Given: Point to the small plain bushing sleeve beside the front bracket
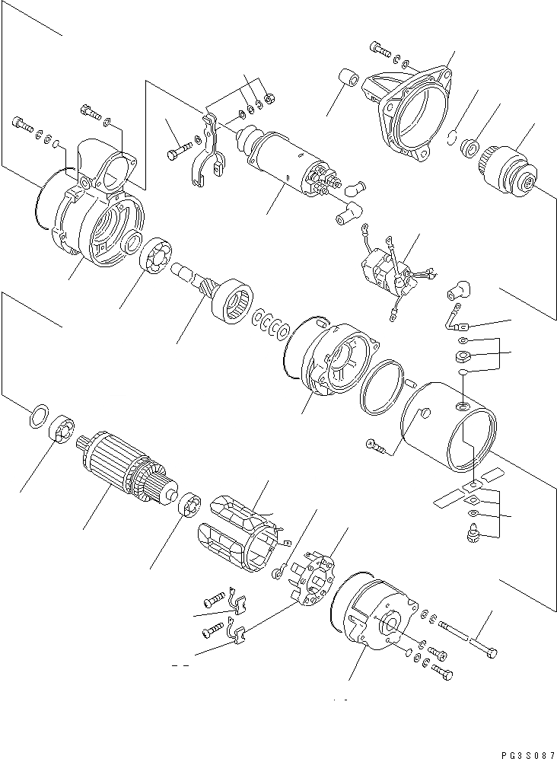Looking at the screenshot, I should [348, 80].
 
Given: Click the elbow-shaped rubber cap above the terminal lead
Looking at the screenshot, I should [460, 289].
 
